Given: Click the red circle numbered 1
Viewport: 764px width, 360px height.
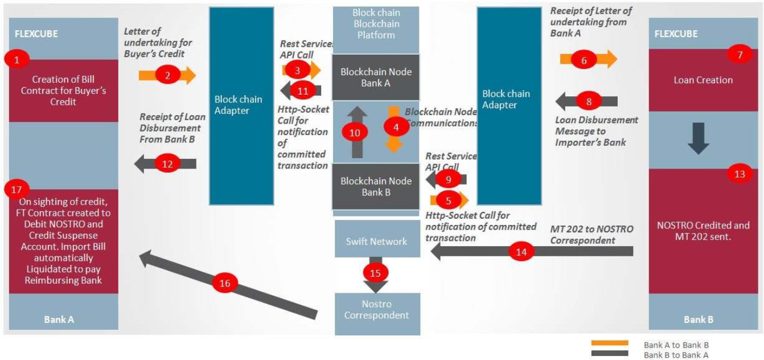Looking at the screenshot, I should coord(17,58).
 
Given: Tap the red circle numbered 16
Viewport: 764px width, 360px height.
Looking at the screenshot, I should coord(225,283).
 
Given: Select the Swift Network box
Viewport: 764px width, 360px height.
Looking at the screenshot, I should coord(376,242).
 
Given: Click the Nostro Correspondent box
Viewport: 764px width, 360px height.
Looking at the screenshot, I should coord(377,309).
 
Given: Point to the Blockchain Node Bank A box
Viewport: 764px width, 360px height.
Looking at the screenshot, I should coord(376,77).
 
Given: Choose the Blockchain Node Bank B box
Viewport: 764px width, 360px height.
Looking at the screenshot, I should coord(376,186).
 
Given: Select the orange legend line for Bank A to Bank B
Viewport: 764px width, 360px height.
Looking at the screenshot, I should coord(609,343).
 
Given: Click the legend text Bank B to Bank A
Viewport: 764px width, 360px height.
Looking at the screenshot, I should coord(676,354).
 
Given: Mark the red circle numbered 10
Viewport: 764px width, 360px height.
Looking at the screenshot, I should coord(355,132).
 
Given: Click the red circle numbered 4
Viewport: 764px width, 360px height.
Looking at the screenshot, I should coord(397,126).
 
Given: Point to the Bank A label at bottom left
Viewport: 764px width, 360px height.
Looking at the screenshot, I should coord(59,320).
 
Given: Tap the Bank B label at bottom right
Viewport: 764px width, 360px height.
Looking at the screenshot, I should coord(698,320).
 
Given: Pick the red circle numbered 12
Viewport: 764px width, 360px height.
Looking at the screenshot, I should coord(167,163).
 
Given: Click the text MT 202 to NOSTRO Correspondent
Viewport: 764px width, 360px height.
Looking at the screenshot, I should coord(591,234).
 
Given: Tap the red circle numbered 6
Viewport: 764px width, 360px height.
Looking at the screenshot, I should coord(584,58).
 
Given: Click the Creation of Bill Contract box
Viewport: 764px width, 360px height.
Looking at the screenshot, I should coord(63,91).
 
